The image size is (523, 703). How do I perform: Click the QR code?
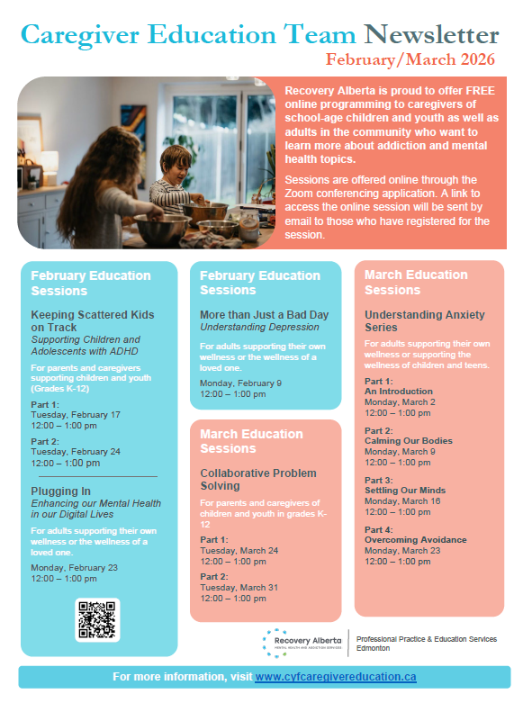97,620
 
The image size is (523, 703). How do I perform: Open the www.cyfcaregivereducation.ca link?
335,676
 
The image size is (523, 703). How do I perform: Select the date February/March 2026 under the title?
410,60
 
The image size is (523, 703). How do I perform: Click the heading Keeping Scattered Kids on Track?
92,321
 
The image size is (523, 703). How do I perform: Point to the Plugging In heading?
61,491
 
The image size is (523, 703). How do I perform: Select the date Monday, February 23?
75,568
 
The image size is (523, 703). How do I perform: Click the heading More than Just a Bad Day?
265,314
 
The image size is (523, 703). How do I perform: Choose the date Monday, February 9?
240,383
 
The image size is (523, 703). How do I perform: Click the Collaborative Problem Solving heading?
258,480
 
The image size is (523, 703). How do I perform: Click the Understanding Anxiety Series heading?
424,321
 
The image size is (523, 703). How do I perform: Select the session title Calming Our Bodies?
409,441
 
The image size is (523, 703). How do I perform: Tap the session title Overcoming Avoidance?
416,540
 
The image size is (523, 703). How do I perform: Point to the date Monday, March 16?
402,500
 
